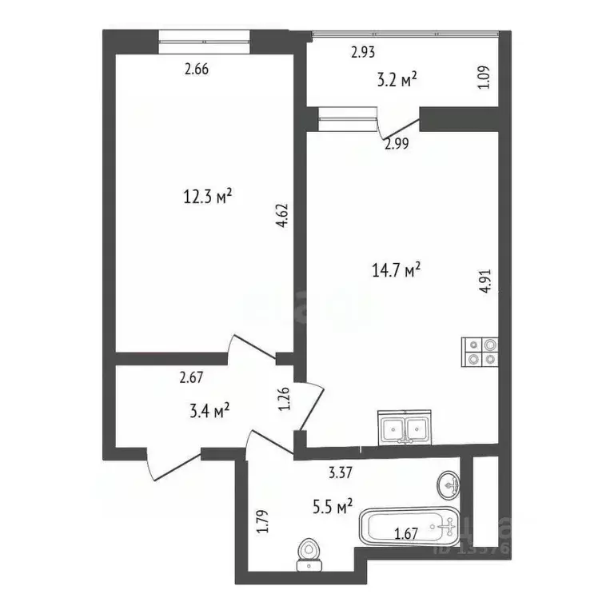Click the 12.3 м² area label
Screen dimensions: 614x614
coord(208,195)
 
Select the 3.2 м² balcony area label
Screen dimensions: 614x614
coord(397,79)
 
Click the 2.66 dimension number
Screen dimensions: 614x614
coord(197,69)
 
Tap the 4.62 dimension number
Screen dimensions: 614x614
coord(281,215)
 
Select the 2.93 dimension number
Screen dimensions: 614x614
coord(363,54)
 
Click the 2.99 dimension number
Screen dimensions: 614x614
coord(397,144)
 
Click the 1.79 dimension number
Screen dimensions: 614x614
coord(261,522)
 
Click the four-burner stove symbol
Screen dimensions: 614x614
coord(481,352)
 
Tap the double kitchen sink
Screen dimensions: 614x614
coord(405,429)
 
